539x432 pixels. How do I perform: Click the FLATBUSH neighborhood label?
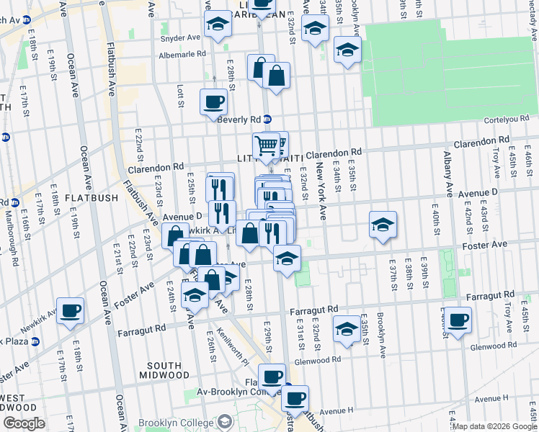point(86,197)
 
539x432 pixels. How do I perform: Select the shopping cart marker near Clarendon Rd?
point(266,146)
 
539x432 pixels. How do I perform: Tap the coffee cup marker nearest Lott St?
point(213,103)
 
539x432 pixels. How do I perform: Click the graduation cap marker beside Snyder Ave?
point(215,25)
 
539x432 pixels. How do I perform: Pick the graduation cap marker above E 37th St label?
point(383,225)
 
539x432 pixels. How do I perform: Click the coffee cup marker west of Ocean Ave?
point(70,311)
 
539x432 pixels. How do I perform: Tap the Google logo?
point(23,423)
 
